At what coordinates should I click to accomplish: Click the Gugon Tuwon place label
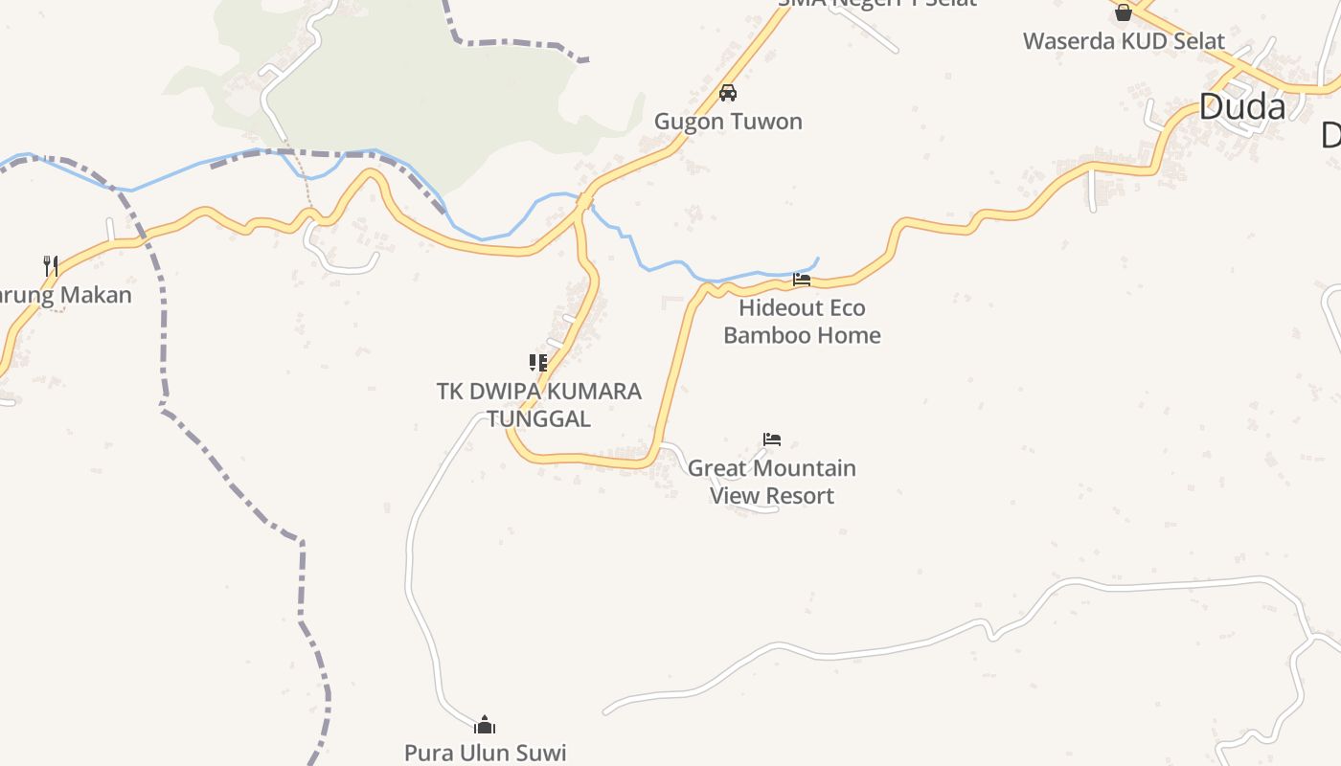point(728,122)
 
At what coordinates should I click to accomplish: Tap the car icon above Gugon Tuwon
point(728,93)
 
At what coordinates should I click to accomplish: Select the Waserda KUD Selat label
point(1124,41)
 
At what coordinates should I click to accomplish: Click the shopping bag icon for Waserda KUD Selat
point(1124,12)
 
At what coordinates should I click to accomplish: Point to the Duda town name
point(1241,107)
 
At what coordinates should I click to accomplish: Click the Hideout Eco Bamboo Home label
point(802,322)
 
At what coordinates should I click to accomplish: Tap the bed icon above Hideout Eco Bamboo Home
point(802,280)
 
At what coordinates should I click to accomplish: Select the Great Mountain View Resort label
point(772,482)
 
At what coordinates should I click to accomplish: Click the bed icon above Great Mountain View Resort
point(772,439)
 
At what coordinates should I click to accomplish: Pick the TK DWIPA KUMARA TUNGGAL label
point(538,405)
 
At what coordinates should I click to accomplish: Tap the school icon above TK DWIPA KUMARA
point(538,363)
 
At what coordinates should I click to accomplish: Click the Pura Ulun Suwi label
point(485,753)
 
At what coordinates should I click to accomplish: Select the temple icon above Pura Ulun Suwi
point(485,724)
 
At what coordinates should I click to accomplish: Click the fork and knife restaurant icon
point(51,265)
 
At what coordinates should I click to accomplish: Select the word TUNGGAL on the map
point(538,418)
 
